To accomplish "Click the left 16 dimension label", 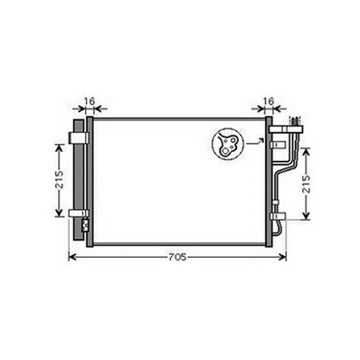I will click(88, 101).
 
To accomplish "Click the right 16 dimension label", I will click(269, 101).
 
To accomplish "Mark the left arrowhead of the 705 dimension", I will click(73, 257).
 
